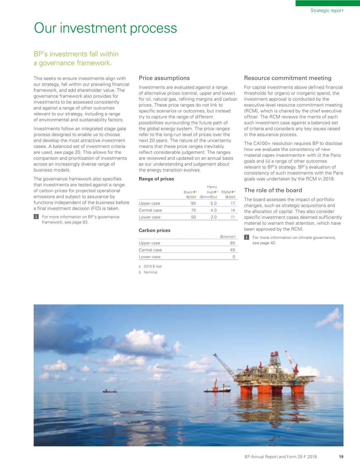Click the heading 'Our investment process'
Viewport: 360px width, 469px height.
[x=105, y=28]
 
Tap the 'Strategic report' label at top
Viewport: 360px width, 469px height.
[x=327, y=10]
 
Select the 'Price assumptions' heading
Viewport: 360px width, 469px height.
[x=164, y=78]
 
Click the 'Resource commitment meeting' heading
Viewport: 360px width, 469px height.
[x=288, y=78]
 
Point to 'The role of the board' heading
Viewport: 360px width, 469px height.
[x=273, y=190]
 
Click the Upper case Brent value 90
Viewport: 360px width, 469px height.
[x=193, y=203]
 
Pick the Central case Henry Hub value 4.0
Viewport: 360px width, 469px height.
[x=213, y=210]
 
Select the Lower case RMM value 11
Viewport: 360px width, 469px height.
[x=233, y=217]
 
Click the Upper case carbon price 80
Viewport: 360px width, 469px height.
[x=233, y=243]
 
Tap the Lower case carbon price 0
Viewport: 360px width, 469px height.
[x=234, y=257]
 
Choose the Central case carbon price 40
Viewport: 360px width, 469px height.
[x=233, y=250]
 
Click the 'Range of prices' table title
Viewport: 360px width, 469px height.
[x=156, y=179]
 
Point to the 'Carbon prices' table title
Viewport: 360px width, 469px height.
[x=155, y=230]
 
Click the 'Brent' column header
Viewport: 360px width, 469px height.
[x=188, y=192]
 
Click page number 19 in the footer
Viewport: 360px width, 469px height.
[x=341, y=457]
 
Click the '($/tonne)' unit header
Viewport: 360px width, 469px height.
[x=227, y=236]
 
